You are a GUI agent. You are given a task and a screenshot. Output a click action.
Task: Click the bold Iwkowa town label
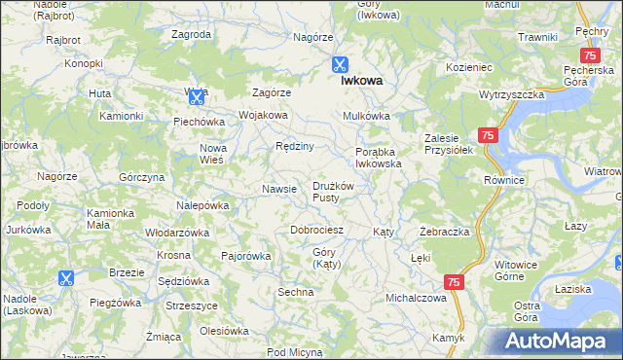[359, 83]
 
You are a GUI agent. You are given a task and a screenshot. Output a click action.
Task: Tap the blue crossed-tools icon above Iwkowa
[340, 64]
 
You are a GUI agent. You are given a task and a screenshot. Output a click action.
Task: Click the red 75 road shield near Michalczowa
[454, 281]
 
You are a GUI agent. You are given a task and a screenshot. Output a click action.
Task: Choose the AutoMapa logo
[559, 341]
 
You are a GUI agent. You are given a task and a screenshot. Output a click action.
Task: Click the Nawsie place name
[279, 189]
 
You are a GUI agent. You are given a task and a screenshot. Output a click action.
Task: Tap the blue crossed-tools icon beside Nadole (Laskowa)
[65, 278]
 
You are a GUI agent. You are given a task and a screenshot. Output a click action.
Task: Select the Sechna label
[295, 292]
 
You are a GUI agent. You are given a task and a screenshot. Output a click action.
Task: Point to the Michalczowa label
[416, 298]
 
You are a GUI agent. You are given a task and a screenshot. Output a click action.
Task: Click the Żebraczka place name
[445, 233]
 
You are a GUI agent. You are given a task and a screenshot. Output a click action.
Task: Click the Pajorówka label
[245, 256]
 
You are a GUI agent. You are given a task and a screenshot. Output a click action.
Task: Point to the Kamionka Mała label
[110, 218]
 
